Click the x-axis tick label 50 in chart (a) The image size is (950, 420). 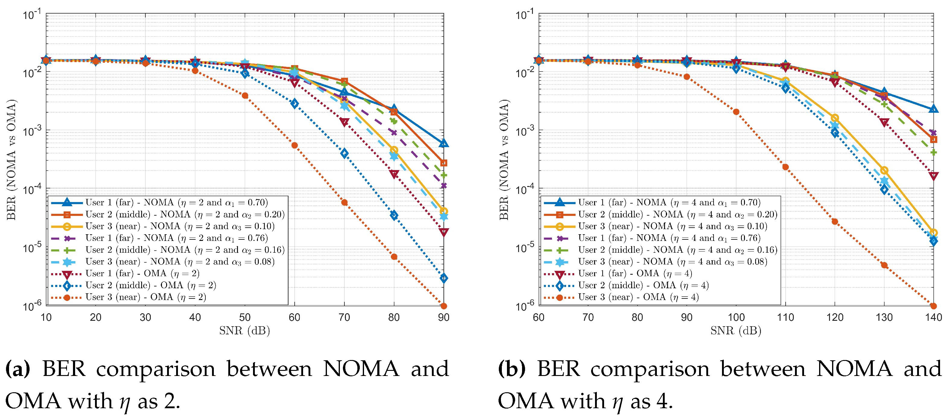245,317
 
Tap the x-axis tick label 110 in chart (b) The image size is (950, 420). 785,317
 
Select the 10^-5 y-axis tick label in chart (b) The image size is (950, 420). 525,248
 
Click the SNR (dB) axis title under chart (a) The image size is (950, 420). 245,331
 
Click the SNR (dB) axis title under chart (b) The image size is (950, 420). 736,331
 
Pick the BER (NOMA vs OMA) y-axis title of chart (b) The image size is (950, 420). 504,160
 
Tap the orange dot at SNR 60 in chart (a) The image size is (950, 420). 294,145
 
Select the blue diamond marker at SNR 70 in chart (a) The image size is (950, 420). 344,153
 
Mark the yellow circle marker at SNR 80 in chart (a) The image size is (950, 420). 394,150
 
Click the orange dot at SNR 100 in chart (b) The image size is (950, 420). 736,112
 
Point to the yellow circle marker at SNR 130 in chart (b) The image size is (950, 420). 884,170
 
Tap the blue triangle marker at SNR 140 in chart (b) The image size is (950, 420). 933,109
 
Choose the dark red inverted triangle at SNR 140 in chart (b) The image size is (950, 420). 933,176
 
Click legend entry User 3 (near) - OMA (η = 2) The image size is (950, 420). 146,297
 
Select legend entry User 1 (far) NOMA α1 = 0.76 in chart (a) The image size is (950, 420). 176,238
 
